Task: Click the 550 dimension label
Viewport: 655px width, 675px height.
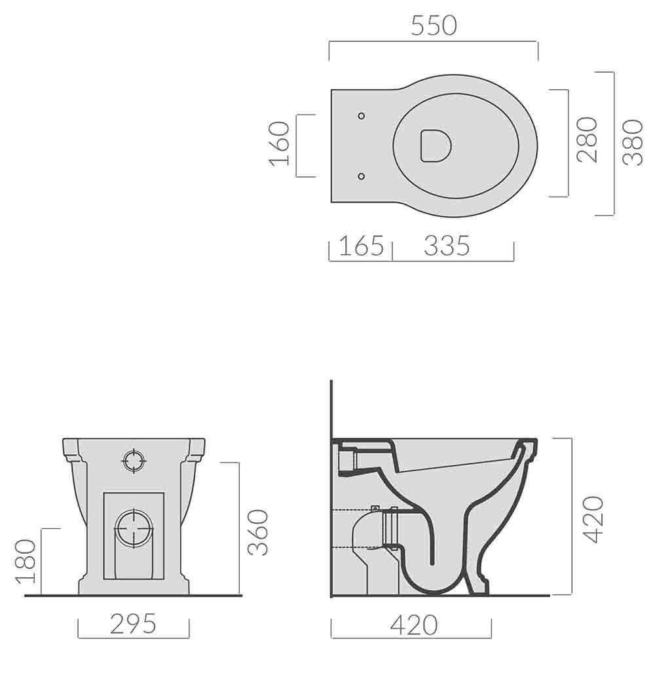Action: point(434,26)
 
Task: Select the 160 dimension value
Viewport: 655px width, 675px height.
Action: point(280,145)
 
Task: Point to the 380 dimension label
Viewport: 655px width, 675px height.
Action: point(632,142)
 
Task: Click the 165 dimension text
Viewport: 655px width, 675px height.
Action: point(361,246)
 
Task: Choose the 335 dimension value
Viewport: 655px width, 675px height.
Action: point(447,246)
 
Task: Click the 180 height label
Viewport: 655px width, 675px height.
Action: point(25,561)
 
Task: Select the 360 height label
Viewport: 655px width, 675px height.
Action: point(259,532)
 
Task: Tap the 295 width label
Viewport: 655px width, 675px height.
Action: point(133,624)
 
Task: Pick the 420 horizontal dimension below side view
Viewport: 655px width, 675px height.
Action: point(413,625)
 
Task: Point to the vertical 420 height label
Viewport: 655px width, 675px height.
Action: point(593,519)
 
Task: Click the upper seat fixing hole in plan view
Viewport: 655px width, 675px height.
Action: point(362,116)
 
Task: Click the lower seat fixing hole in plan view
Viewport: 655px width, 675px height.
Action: point(362,175)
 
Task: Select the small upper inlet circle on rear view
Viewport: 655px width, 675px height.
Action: point(133,461)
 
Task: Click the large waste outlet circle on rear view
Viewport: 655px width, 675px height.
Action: point(134,528)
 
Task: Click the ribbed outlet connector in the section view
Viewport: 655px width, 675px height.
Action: point(390,528)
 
